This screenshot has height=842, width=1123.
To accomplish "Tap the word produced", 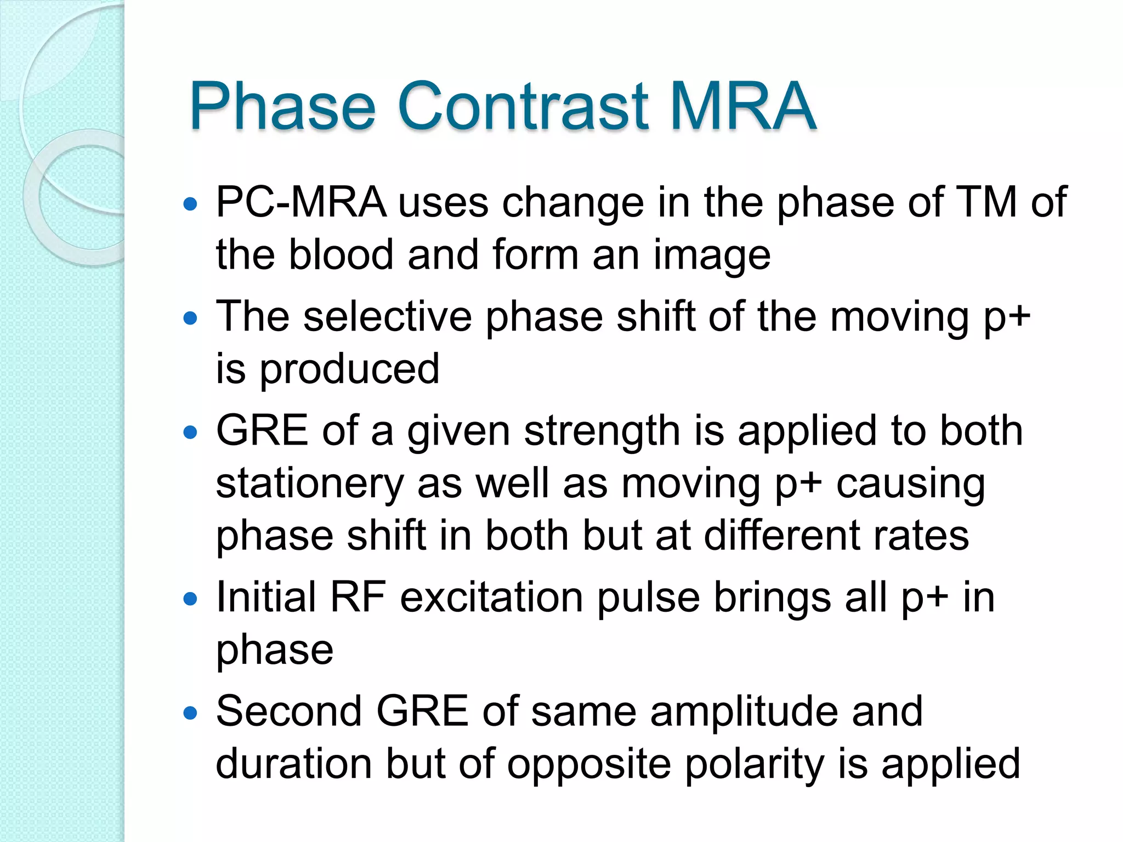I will pos(349,369).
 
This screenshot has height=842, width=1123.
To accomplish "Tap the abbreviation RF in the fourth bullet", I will pos(358,598).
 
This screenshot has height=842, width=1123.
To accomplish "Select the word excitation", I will pos(491,598).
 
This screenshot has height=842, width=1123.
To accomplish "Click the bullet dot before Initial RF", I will pos(190,599).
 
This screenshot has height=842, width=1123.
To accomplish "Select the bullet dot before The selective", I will pos(190,318).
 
